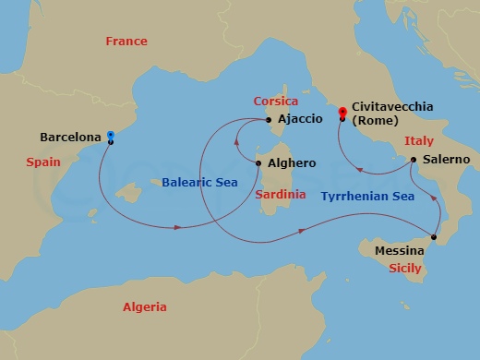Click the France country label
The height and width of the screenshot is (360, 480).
point(126,42)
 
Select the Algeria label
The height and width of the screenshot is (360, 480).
point(145,306)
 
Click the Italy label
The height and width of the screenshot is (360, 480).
point(419,141)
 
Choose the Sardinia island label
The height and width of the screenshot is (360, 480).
point(281,196)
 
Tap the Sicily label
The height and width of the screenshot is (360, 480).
point(405,268)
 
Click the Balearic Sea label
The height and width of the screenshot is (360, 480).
point(199,183)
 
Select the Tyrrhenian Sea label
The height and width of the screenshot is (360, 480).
point(366,196)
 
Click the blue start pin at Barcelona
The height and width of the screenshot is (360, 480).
point(111,134)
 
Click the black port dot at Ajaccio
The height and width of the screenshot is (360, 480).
point(268,119)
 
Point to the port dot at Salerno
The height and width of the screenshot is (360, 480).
point(413,160)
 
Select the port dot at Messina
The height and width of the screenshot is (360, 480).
point(434,236)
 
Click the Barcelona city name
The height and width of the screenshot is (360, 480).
point(70,138)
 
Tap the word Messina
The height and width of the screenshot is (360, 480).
point(400,251)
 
